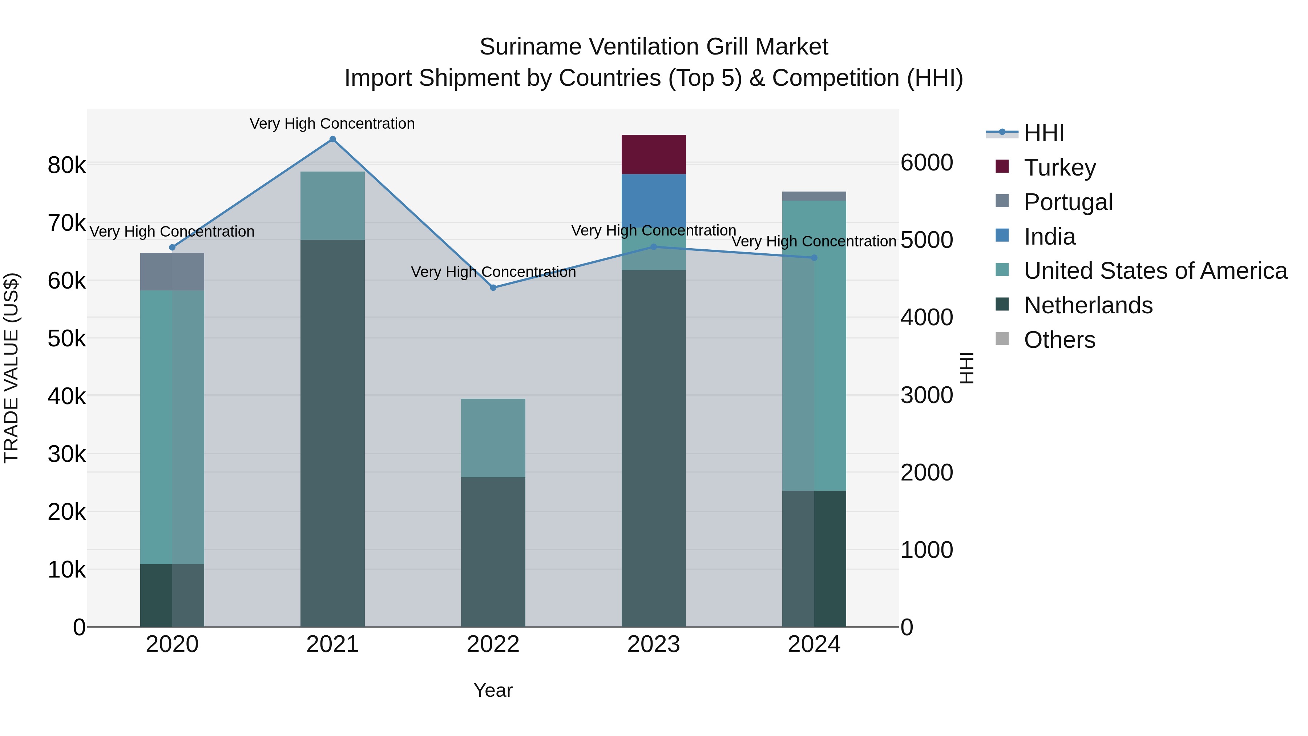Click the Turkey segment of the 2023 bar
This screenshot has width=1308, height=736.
pos(654,154)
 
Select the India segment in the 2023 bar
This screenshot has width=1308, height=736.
pos(654,203)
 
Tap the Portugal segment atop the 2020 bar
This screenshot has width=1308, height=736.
pos(172,272)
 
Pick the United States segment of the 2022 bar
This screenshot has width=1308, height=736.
pos(493,438)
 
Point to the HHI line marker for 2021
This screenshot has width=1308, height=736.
pos(332,139)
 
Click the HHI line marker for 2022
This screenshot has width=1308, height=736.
pos(493,287)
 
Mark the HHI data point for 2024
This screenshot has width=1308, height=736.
pos(814,258)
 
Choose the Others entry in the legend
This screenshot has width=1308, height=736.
pos(1059,340)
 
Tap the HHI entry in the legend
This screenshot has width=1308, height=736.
pos(1043,133)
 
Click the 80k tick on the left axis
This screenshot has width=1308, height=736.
pos(66,165)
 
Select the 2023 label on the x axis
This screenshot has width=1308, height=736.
pos(654,644)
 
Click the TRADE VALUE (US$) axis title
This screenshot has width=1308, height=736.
pos(11,368)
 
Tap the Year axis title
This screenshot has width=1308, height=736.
pos(493,690)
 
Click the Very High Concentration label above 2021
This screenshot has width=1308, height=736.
pos(332,124)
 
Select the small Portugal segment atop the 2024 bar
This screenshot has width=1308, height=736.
pos(814,196)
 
